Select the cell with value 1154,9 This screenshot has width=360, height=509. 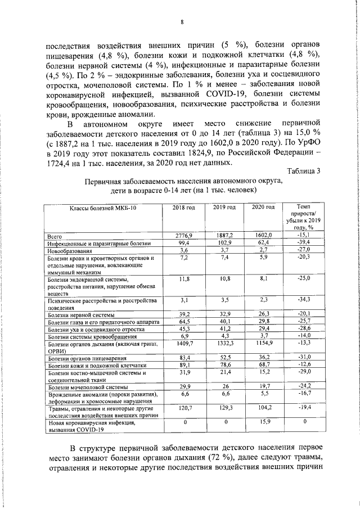tap(263, 343)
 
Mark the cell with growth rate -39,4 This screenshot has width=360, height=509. tap(304, 242)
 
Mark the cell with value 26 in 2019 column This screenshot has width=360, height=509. tap(224, 387)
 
